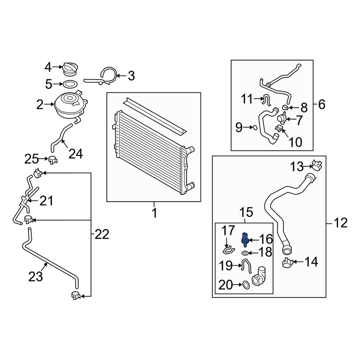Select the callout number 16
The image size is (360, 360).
click(x=266, y=239)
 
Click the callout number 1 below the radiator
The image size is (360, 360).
click(x=154, y=213)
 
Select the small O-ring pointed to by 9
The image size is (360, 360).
click(x=255, y=127)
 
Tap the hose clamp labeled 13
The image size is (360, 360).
click(x=316, y=165)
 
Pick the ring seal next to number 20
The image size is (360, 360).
click(x=246, y=285)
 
